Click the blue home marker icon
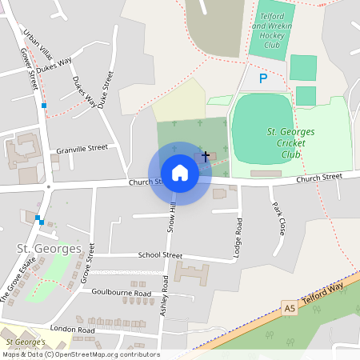(x=180, y=173)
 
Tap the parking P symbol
(x=264, y=78)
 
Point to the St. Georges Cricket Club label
(x=290, y=142)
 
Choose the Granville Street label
(x=82, y=149)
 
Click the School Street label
(x=160, y=255)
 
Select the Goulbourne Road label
(x=121, y=294)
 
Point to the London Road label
(x=72, y=330)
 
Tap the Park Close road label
(x=278, y=218)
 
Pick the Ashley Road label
(x=164, y=296)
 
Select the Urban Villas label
(x=37, y=47)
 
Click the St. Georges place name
(x=49, y=249)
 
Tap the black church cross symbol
(x=206, y=155)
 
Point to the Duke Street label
(x=105, y=88)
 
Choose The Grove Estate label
(x=18, y=281)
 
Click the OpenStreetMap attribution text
(x=80, y=354)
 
